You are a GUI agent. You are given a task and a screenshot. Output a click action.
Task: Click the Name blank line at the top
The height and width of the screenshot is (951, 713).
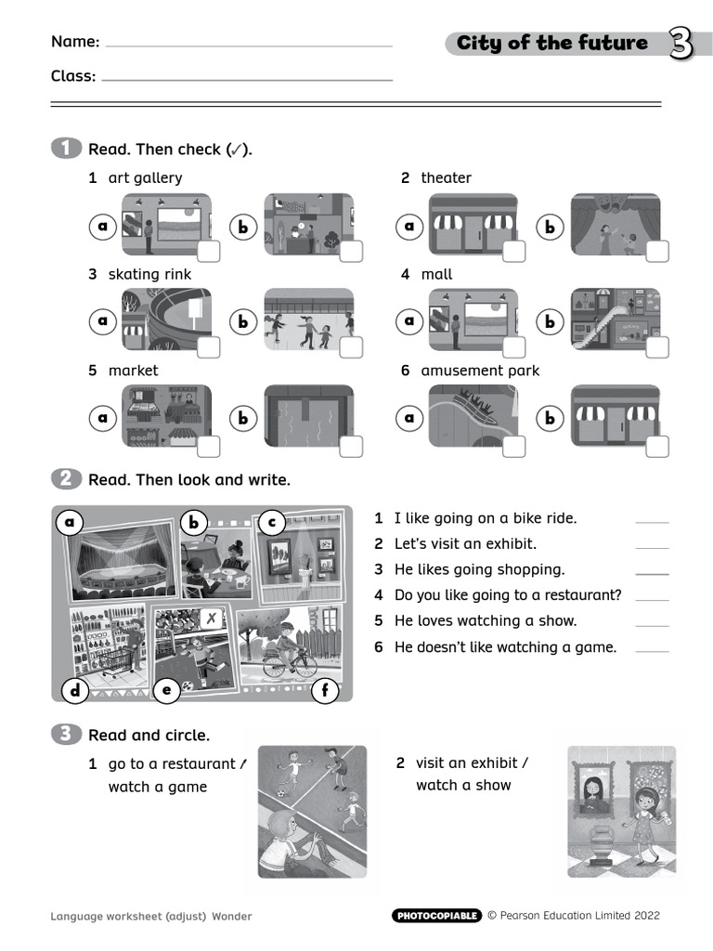[x=249, y=45]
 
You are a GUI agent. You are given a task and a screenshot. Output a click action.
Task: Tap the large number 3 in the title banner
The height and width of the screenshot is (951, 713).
[x=681, y=44]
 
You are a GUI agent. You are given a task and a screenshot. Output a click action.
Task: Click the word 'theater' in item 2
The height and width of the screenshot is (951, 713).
[x=446, y=177]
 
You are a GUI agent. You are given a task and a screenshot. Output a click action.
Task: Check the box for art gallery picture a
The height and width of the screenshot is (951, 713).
[x=209, y=252]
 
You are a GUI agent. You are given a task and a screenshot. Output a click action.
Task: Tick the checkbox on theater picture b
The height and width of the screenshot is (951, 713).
[x=656, y=252]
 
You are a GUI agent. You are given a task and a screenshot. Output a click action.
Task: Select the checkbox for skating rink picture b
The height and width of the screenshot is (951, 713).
[x=351, y=347]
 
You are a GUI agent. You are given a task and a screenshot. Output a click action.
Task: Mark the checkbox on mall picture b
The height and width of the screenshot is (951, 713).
[x=656, y=347]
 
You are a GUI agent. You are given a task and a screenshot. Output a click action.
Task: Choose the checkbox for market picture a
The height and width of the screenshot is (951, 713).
[x=209, y=446]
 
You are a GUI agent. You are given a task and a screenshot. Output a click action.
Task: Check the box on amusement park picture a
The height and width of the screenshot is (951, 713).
[x=513, y=446]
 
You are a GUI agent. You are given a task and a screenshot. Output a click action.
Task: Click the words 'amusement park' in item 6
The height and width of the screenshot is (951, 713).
[x=479, y=371]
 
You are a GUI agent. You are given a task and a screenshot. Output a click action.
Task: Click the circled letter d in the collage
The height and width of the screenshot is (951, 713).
[x=74, y=689]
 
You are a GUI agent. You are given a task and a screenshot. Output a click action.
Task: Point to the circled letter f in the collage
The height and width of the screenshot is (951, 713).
[x=325, y=690]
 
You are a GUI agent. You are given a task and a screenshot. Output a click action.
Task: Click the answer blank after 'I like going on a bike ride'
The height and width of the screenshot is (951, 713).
[x=651, y=521]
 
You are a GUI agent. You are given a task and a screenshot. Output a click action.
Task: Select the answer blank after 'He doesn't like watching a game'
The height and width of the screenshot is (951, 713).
[x=651, y=650]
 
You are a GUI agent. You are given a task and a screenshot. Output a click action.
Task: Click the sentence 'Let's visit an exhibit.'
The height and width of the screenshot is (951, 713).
[x=465, y=544]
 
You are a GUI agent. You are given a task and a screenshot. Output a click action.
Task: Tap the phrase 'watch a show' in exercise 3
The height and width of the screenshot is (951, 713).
[x=463, y=786]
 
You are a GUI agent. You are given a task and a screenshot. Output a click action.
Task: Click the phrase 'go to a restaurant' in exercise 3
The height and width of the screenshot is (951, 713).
[x=172, y=763]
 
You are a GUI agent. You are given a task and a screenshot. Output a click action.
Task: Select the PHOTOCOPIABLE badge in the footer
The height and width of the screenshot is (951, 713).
[x=436, y=916]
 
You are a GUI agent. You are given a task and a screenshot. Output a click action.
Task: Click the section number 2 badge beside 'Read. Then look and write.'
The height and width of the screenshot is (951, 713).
[x=66, y=479]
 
